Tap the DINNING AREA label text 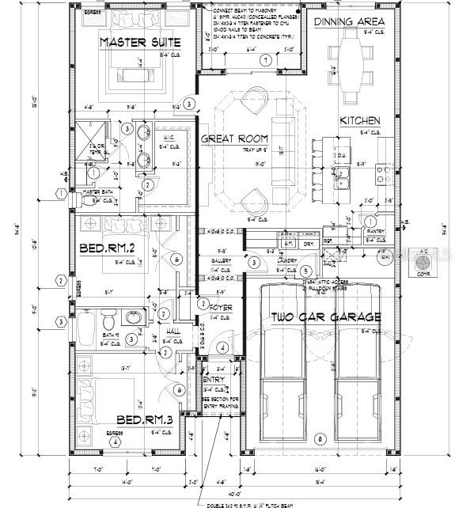click(x=349, y=21)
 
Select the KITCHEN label click(x=360, y=121)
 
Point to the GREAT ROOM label click(x=235, y=139)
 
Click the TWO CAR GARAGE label click(x=327, y=317)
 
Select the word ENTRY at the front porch click(x=214, y=379)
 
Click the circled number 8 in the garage click(x=319, y=438)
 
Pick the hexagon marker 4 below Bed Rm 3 click(x=116, y=442)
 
